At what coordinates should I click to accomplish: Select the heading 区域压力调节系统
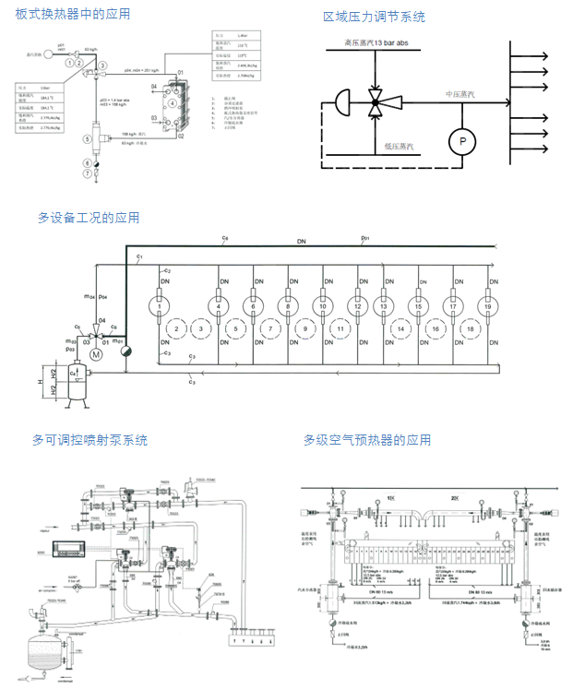coord(374,17)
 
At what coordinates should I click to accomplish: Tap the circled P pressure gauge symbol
coord(459,141)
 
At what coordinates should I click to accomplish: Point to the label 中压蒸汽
coord(460,94)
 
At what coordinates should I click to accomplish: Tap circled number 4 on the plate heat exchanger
coord(173,102)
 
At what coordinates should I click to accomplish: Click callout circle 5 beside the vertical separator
coord(86,137)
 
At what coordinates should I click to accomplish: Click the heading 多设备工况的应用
coord(89,218)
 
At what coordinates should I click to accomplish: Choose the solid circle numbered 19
coord(488,305)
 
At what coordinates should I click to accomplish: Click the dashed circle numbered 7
coord(269,328)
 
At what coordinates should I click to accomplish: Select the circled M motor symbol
coord(95,352)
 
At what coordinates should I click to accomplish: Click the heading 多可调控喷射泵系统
coord(90,440)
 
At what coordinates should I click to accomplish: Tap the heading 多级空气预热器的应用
coord(366,440)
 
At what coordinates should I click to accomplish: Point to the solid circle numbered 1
coord(159,305)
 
